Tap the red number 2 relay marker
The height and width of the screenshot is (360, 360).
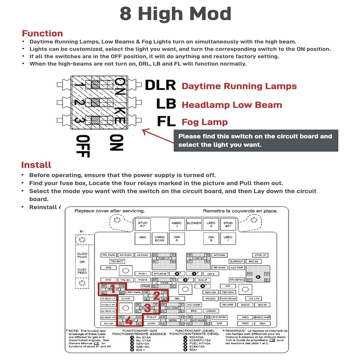156,295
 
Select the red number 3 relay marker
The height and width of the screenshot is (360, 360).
148,308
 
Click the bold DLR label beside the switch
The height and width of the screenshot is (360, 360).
161,85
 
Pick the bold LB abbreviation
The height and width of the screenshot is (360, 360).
166,104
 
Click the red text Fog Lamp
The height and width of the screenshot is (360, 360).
205,122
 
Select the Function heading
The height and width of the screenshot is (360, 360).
42,33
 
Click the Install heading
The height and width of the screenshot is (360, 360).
36,165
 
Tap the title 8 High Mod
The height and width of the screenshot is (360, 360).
175,14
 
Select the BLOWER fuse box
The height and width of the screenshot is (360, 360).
194,223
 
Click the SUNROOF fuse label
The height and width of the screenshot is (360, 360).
236,261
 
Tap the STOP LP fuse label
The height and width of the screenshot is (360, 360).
261,255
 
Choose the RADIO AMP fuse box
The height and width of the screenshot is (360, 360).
262,317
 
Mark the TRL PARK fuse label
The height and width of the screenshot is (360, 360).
108,255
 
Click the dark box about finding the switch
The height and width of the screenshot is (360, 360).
256,140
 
